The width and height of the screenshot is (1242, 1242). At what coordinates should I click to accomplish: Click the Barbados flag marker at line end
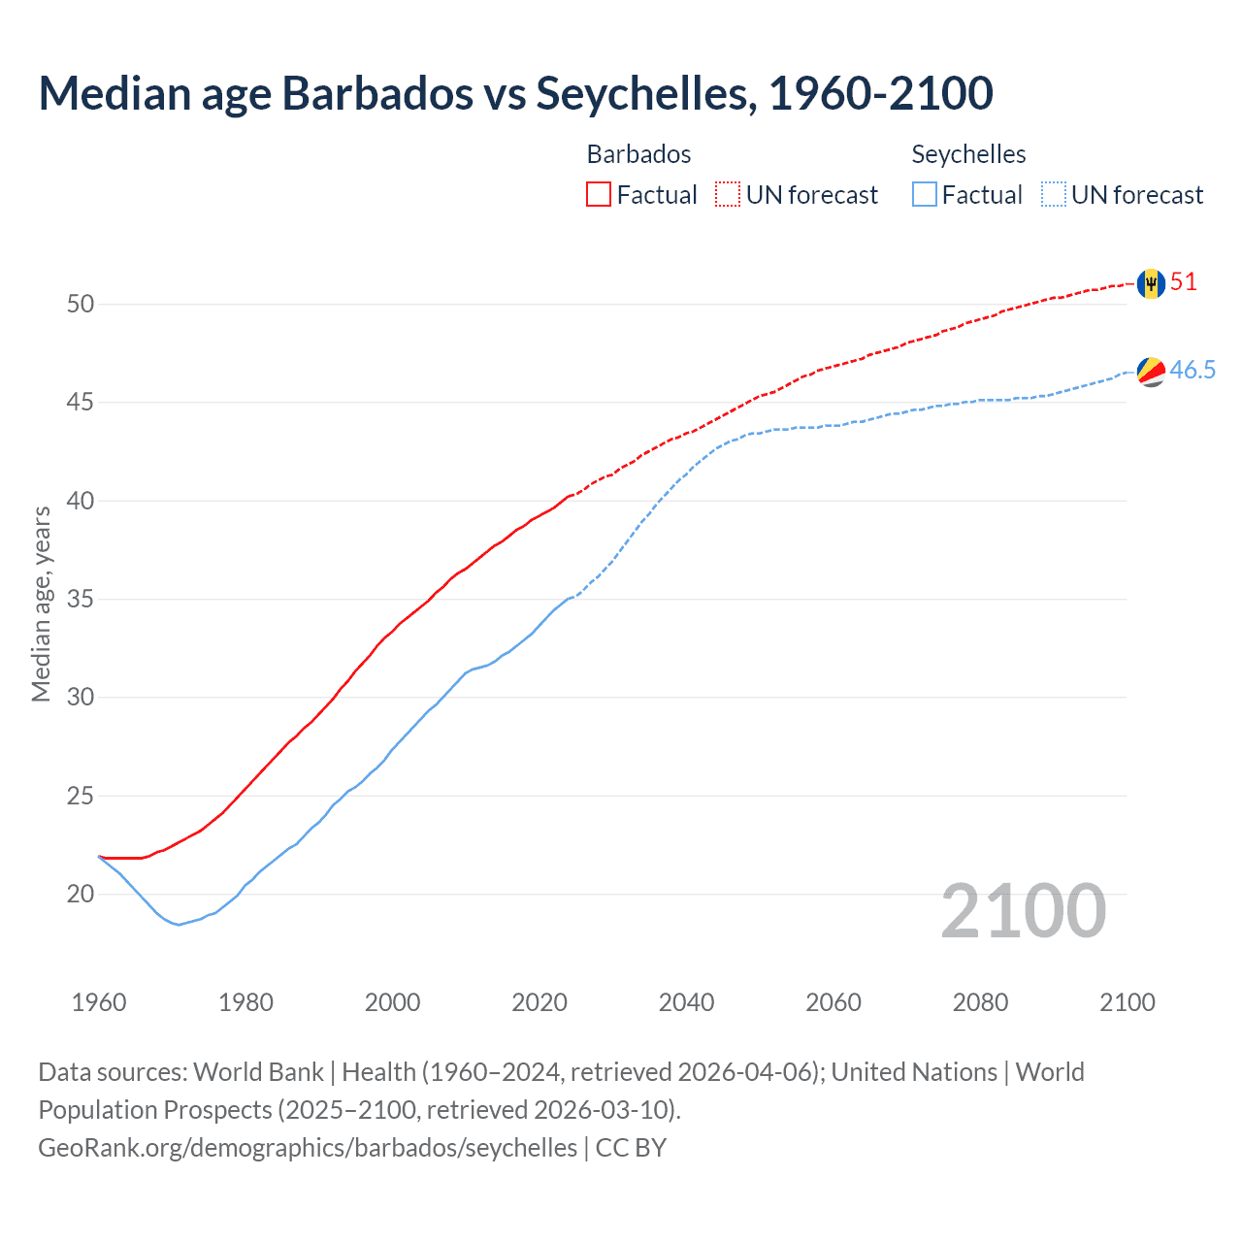tap(1151, 283)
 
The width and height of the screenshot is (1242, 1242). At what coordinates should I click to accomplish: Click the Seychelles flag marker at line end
tap(1151, 371)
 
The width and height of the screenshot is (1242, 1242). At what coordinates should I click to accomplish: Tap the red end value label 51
tap(1184, 282)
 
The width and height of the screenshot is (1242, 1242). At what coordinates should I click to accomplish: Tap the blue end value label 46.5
tap(1193, 370)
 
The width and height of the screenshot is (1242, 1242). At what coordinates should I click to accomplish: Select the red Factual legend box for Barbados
tap(599, 195)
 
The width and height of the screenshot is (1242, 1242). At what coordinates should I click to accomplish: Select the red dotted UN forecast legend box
tap(728, 195)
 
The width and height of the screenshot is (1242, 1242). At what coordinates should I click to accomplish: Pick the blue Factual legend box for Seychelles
tap(925, 195)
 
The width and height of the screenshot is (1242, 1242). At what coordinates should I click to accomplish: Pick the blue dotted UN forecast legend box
tap(1054, 195)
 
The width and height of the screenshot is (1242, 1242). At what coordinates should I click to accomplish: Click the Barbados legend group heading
tap(638, 154)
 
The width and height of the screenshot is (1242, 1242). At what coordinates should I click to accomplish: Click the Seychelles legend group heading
tap(968, 154)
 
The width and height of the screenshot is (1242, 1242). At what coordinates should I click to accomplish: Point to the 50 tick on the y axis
tap(81, 304)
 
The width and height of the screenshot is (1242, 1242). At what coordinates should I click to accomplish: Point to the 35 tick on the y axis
tap(81, 599)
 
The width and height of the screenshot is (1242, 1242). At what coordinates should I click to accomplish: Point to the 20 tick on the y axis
tap(81, 894)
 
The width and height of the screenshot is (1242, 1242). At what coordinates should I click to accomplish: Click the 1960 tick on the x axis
tap(99, 1002)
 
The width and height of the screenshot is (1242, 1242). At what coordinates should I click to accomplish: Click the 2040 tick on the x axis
tap(686, 1002)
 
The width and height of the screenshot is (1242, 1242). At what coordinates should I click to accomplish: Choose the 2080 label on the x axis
tap(980, 1002)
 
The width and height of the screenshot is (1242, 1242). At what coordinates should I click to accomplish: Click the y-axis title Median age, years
tap(41, 604)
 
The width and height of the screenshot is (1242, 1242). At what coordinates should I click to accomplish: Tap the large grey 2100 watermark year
tap(1023, 910)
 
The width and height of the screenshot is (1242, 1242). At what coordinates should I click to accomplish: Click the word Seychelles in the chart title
tap(645, 93)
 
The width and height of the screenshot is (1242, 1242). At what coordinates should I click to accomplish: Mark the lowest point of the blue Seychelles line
tap(179, 925)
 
